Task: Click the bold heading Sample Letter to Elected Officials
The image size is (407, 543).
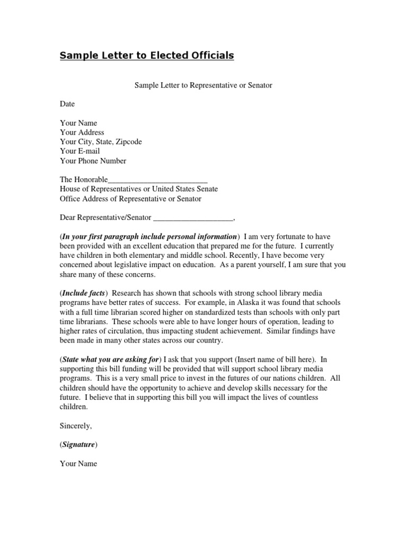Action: [147, 56]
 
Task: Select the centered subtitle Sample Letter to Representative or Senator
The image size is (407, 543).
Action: [203, 85]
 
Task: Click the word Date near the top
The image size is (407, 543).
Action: [67, 104]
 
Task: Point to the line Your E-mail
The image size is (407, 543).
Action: [79, 151]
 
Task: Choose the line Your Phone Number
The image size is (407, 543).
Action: [93, 161]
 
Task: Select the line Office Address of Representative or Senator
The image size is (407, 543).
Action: [130, 199]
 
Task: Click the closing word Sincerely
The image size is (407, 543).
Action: [76, 426]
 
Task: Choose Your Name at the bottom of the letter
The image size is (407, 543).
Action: [78, 463]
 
